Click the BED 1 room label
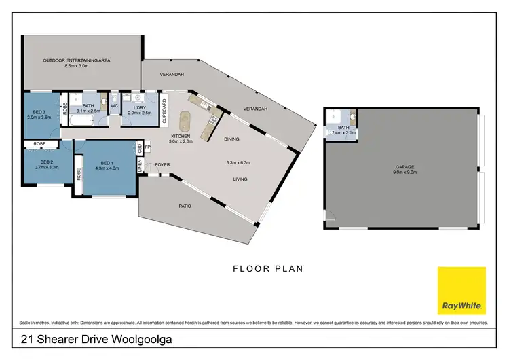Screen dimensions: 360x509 [106, 163]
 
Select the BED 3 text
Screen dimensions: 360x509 [39, 112]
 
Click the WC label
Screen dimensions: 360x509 [114, 106]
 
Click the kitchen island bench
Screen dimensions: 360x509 [183, 124]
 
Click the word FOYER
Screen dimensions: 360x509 [162, 164]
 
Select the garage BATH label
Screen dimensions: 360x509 [343, 128]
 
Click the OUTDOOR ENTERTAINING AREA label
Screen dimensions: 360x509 [77, 60]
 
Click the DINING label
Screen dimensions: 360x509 [231, 139]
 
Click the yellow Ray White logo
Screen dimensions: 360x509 [461, 291]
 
